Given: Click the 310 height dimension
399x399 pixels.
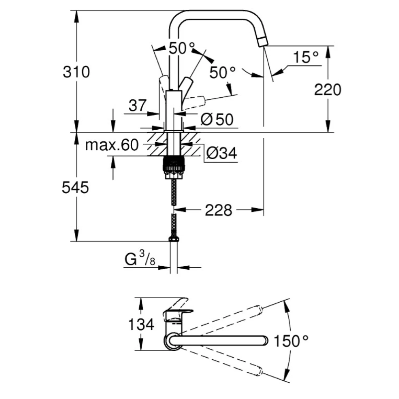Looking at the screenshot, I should pyautogui.click(x=76, y=72).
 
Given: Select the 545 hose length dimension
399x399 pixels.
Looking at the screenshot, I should pyautogui.click(x=75, y=188).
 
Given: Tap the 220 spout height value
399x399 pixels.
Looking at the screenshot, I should pyautogui.click(x=328, y=90).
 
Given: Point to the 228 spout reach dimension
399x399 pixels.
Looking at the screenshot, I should pyautogui.click(x=218, y=210).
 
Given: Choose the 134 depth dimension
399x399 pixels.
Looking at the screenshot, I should pyautogui.click(x=141, y=324).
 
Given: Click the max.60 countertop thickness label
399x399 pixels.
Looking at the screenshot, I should pyautogui.click(x=111, y=145).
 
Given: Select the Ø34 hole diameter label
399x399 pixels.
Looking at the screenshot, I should pyautogui.click(x=221, y=153).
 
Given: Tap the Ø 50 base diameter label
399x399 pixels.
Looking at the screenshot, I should pyautogui.click(x=217, y=119).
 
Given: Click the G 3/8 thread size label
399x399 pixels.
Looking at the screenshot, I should pyautogui.click(x=139, y=259).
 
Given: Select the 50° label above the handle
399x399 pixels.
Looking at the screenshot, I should pyautogui.click(x=181, y=49).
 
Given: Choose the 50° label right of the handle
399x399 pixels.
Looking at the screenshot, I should pyautogui.click(x=222, y=72).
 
